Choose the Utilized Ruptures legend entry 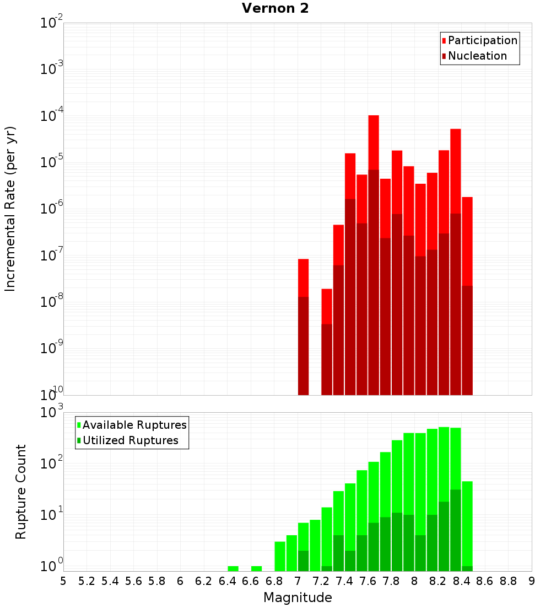coord(129,440)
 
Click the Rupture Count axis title coord(21,492)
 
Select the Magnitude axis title coord(298,598)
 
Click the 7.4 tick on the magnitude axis coord(344,581)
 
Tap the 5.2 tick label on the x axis coord(87,581)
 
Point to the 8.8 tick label coord(508,581)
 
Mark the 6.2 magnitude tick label coord(204,581)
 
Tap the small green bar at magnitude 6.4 coord(233,568)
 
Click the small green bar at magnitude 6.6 coord(256,568)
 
